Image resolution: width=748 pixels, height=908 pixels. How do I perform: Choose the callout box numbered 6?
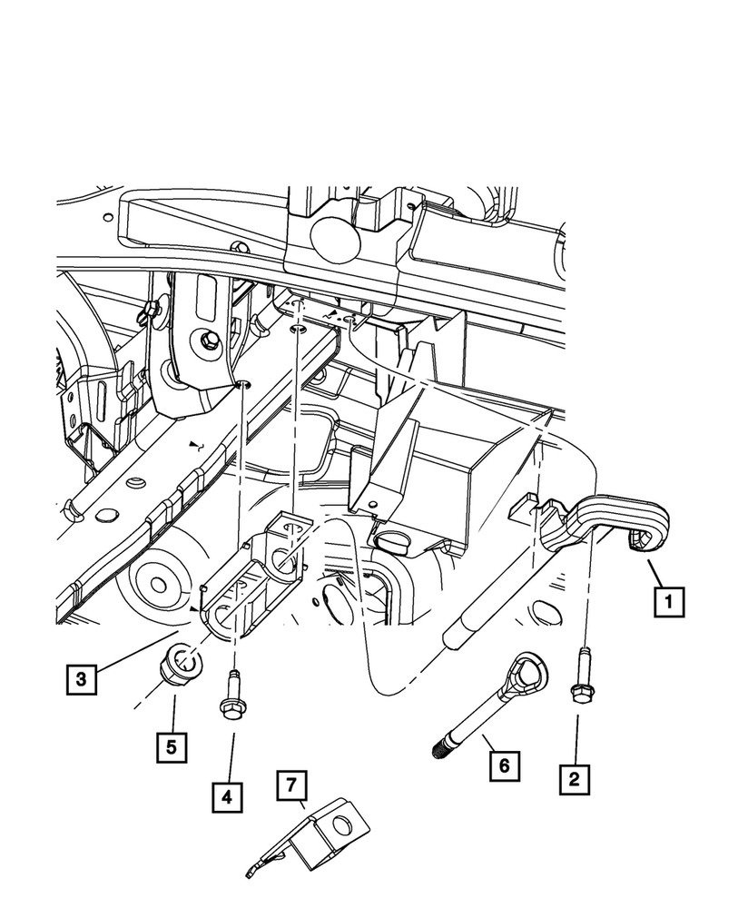[x=504, y=765]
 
